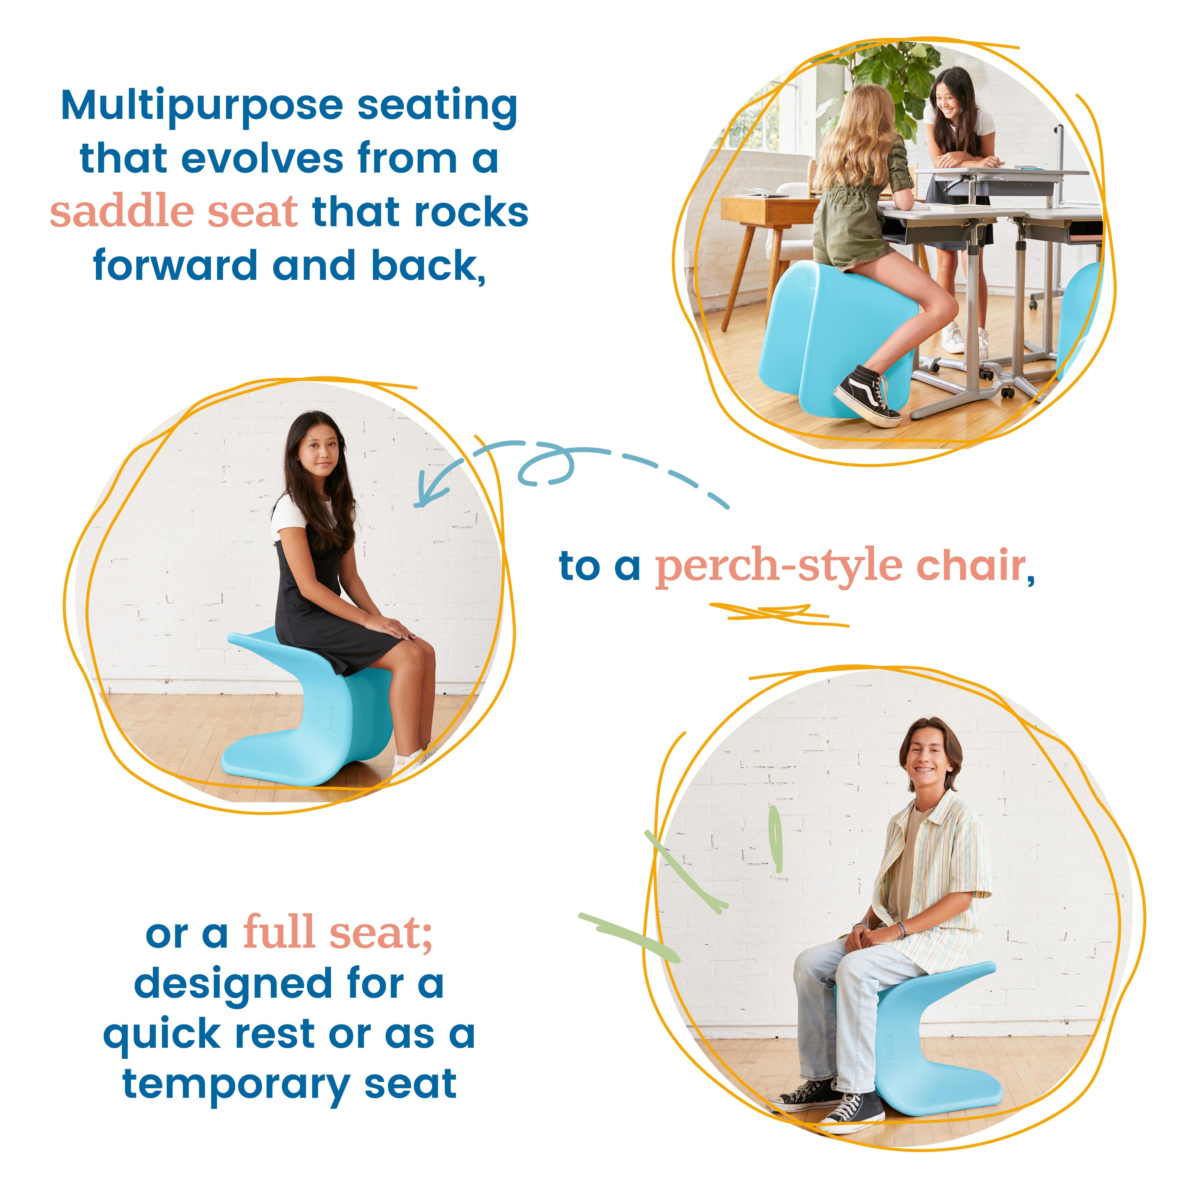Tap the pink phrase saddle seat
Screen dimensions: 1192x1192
[x=174, y=212]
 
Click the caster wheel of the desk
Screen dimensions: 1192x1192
[x=1007, y=392]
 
